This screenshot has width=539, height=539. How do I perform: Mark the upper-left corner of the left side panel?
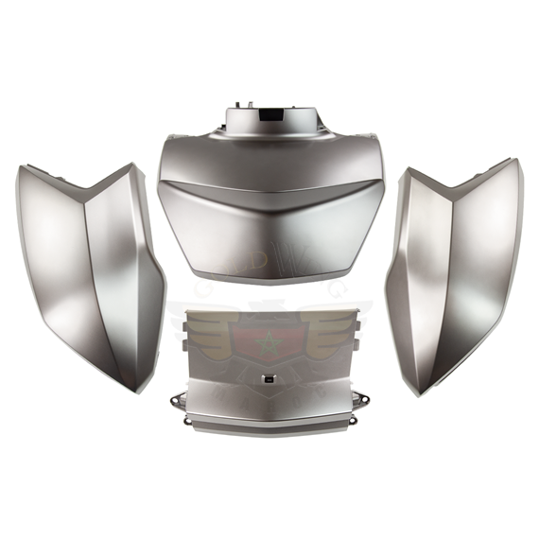coord(23,168)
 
